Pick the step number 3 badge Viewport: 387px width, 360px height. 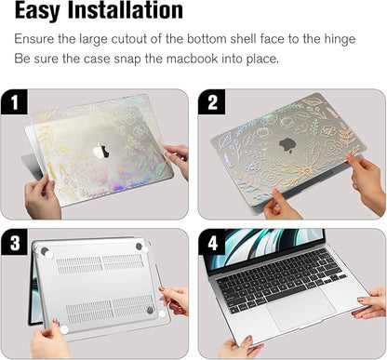[x=17, y=244]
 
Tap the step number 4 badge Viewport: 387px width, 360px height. [x=213, y=244]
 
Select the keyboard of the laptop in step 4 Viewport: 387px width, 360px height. [x=278, y=276]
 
